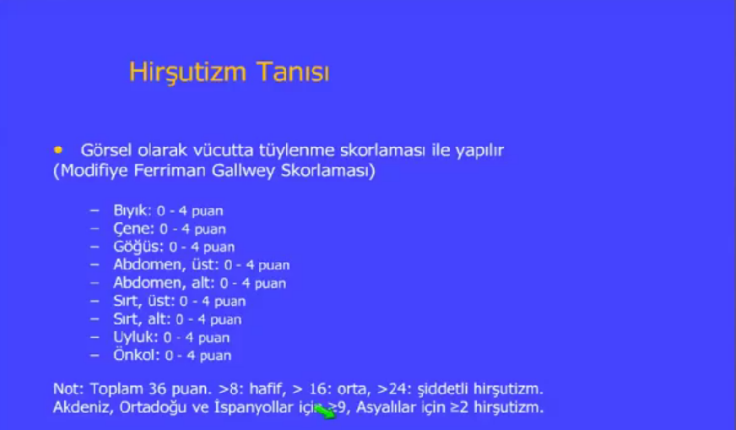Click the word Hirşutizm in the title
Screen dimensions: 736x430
click(187, 73)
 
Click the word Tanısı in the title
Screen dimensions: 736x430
click(293, 72)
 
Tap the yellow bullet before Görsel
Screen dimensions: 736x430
click(58, 150)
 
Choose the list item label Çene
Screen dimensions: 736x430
click(133, 229)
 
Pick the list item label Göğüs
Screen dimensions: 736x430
click(138, 247)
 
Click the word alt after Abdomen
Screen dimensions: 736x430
click(203, 283)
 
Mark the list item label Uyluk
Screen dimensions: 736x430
click(136, 337)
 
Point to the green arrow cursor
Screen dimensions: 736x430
click(325, 411)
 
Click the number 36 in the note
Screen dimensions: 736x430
click(157, 389)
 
